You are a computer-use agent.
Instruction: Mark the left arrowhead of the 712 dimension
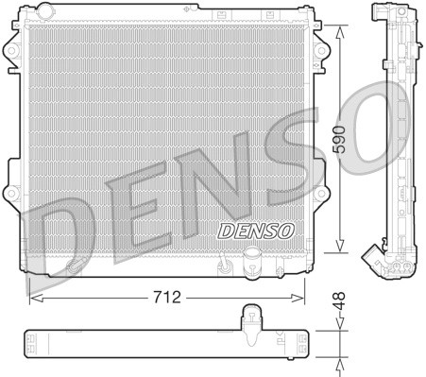click(35, 297)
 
